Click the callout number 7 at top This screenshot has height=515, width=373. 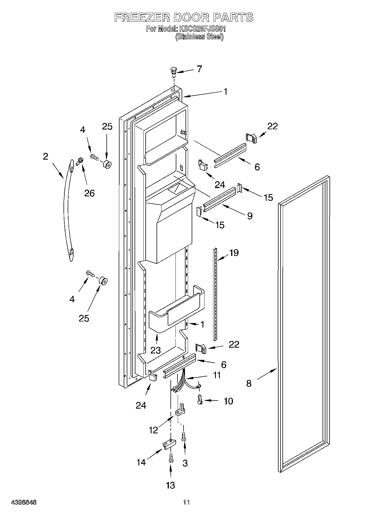coord(199,69)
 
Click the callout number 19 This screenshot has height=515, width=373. coord(234,253)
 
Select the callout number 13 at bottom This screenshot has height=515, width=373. coord(170,485)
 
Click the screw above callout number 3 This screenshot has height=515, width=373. coord(184,436)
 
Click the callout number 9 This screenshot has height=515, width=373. coord(250,216)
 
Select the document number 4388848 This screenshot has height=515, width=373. coord(24,502)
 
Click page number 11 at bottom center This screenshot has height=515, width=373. coord(186,502)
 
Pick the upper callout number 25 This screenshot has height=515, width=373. coord(107,126)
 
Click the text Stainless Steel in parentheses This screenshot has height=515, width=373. coord(199,36)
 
